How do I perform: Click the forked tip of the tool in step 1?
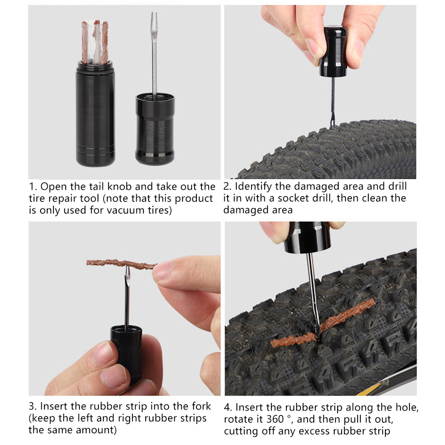pos(154,17)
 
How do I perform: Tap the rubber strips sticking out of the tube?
pos(95,42)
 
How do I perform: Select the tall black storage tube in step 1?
pos(95,113)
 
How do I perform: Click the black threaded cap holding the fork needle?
pos(155,129)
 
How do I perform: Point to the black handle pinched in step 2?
pos(333,51)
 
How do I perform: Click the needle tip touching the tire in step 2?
pos(331,126)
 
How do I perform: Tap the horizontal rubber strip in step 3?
pos(121,264)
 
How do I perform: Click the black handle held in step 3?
pos(127,355)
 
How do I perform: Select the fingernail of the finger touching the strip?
pos(162,270)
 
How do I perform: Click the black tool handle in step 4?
pos(308,238)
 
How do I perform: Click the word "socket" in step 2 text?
pos(294,198)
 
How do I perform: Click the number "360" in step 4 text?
pos(275,419)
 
